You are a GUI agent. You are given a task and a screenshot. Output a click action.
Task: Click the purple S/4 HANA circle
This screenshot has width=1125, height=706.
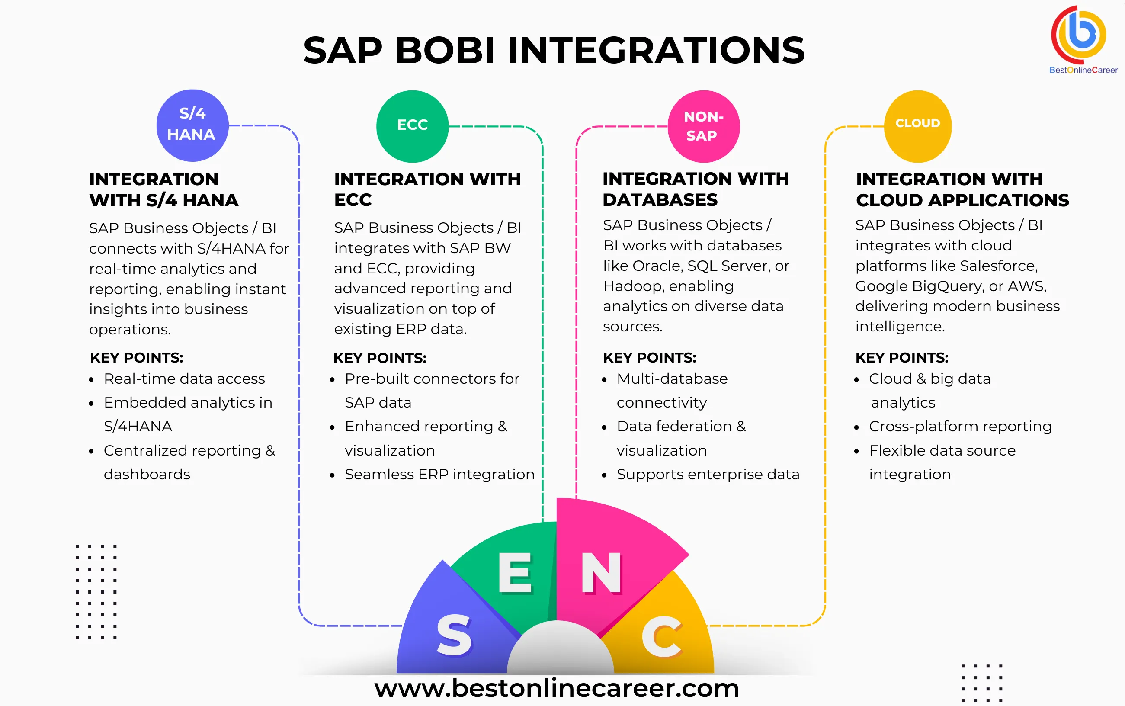[192, 125]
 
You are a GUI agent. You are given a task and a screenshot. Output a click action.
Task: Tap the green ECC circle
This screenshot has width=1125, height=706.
[412, 126]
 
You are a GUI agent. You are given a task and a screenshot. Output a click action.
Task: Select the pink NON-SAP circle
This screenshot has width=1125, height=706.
[703, 126]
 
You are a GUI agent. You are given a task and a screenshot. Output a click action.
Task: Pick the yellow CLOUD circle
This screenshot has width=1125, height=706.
[918, 126]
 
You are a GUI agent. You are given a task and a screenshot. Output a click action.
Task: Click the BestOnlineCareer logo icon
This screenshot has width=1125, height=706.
[1079, 35]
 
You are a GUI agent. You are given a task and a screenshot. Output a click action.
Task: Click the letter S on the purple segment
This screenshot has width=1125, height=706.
[454, 635]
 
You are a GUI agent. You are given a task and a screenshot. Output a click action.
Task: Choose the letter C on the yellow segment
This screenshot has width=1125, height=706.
[662, 636]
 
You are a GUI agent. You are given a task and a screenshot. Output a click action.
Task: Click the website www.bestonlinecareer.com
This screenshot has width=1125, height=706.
[556, 688]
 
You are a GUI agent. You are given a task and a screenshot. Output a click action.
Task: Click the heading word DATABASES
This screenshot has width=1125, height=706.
[660, 200]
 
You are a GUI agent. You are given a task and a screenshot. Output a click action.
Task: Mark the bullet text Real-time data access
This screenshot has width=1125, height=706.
[184, 379]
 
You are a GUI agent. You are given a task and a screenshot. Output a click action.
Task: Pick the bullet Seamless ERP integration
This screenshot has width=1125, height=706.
[439, 475]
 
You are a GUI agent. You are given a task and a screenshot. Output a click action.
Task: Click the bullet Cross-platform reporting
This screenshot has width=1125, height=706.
[960, 426]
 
